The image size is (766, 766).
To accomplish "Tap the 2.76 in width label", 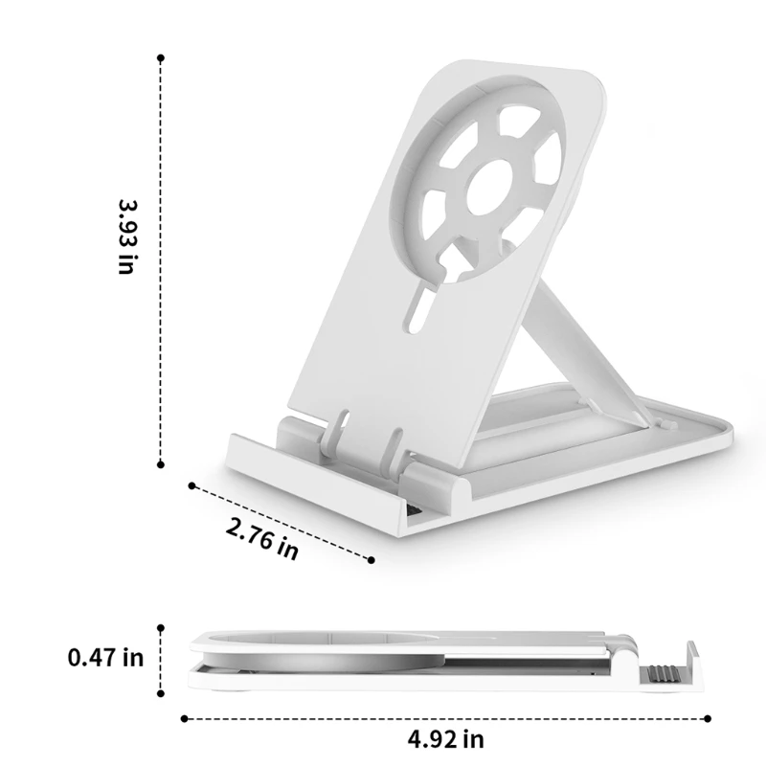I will pyautogui.click(x=261, y=538).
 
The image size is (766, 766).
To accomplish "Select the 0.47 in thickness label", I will pyautogui.click(x=105, y=658).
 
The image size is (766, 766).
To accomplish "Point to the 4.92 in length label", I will pyautogui.click(x=445, y=738).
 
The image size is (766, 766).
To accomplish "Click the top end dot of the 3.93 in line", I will pyautogui.click(x=160, y=58).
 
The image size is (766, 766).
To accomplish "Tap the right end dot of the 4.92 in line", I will pyautogui.click(x=710, y=717).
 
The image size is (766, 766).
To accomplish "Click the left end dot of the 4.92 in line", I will pyautogui.click(x=183, y=717).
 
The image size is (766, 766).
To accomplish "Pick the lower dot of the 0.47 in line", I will pyautogui.click(x=160, y=689).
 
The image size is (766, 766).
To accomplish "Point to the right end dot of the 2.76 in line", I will pyautogui.click(x=370, y=559).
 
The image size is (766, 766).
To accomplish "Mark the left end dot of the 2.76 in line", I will pyautogui.click(x=191, y=485).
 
